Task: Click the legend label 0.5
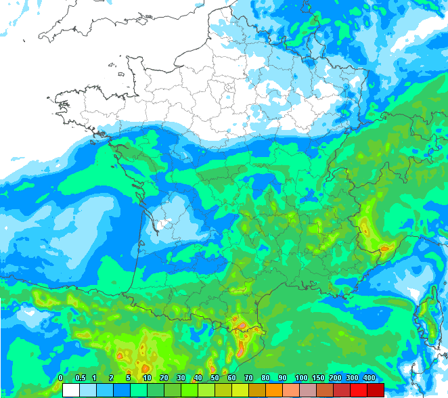(x=80, y=378)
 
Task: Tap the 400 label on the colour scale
(x=369, y=378)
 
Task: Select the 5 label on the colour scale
(x=129, y=378)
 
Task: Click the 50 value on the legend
(x=215, y=378)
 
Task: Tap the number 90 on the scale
(x=282, y=378)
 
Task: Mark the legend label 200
(x=335, y=378)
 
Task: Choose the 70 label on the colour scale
(x=248, y=378)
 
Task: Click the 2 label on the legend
(x=112, y=378)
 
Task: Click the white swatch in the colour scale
(x=70, y=390)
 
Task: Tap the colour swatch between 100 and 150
(x=309, y=390)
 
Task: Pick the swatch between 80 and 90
(x=274, y=390)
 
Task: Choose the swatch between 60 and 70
(x=240, y=390)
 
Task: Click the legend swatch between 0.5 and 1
(x=87, y=390)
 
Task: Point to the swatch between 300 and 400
(x=359, y=390)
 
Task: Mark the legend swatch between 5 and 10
(x=138, y=390)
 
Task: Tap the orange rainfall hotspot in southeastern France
(x=384, y=248)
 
